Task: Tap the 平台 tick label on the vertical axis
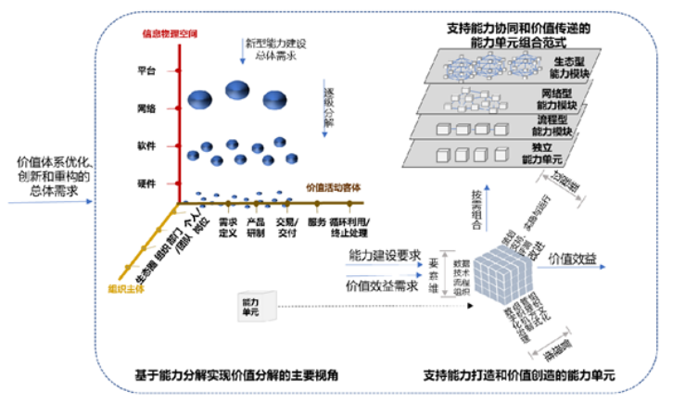pos(146,70)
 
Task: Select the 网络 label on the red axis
pos(146,108)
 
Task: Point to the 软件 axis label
pos(146,145)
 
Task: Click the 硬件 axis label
pos(146,183)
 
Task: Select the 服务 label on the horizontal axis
pos(316,222)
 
